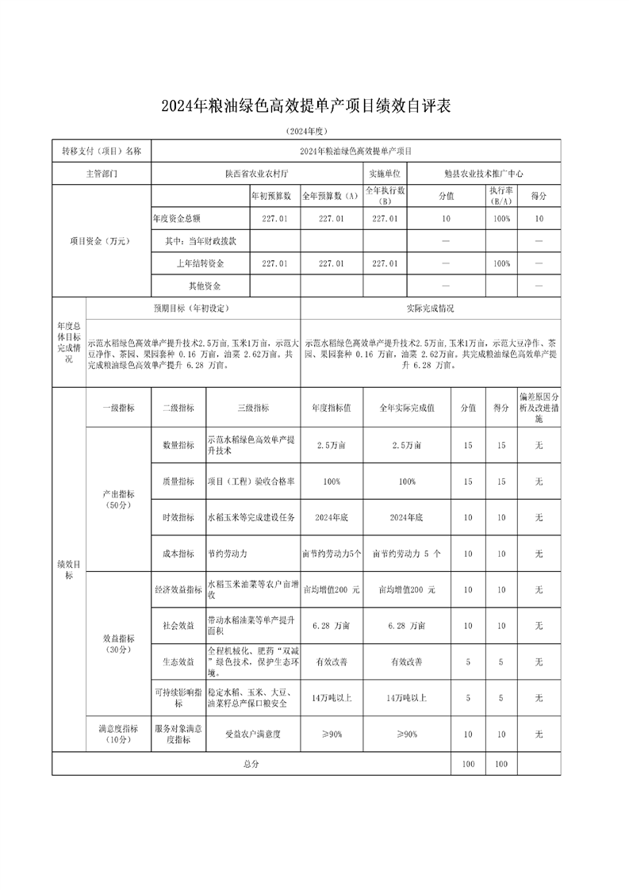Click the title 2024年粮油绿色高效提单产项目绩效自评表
[x=305, y=106]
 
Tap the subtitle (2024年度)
[x=305, y=131]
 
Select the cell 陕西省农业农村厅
[x=257, y=173]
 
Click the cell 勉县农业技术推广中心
[x=484, y=173]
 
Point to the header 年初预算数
[x=271, y=195]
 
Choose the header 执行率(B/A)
[x=500, y=195]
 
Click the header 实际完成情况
[x=430, y=309]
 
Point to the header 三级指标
[x=253, y=408]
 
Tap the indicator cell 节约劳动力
[x=232, y=553]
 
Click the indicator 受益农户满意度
[x=253, y=735]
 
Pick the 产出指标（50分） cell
[x=118, y=499]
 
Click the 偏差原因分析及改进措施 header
[x=539, y=408]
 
